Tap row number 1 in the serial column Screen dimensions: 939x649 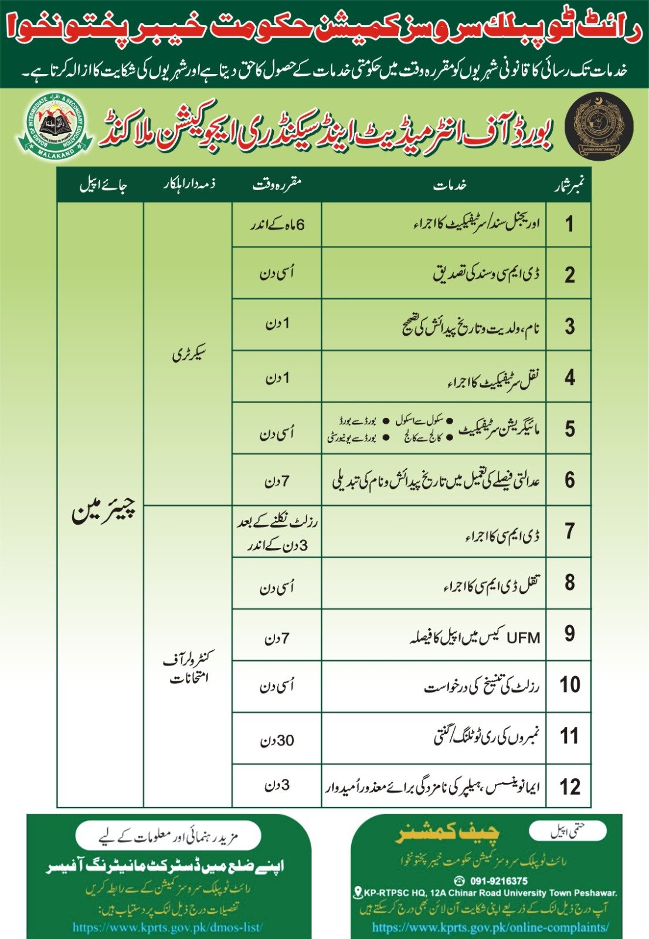pyautogui.click(x=569, y=224)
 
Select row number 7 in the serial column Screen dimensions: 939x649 pyautogui.click(x=569, y=531)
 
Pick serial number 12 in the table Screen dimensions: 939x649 pyautogui.click(x=569, y=786)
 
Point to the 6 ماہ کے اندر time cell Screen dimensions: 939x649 pyautogui.click(x=277, y=225)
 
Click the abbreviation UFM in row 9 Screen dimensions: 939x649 pyautogui.click(x=523, y=637)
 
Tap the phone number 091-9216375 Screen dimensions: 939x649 pyautogui.click(x=498, y=881)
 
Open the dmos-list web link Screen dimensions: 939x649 pyautogui.click(x=168, y=927)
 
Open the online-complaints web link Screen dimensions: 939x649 pyautogui.click(x=490, y=927)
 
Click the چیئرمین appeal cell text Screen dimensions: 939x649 pyautogui.click(x=103, y=510)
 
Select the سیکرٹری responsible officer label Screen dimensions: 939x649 pyautogui.click(x=189, y=354)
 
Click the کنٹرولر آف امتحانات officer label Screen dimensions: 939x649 pyautogui.click(x=189, y=668)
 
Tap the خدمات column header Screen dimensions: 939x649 pyautogui.click(x=450, y=185)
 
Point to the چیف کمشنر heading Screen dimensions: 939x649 pyautogui.click(x=448, y=834)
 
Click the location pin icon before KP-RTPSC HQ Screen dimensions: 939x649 pyautogui.click(x=357, y=893)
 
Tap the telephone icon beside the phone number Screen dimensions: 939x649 pyautogui.click(x=459, y=881)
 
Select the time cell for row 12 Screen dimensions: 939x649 pyautogui.click(x=277, y=785)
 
